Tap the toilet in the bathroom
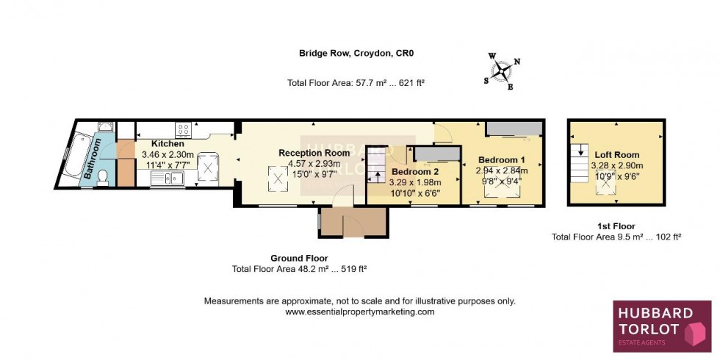point(104,176)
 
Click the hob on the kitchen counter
point(182,129)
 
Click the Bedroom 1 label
point(502,159)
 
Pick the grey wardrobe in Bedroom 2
point(436,153)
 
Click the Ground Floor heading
point(299,258)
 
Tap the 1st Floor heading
point(616,226)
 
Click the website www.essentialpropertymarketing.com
point(359,312)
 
